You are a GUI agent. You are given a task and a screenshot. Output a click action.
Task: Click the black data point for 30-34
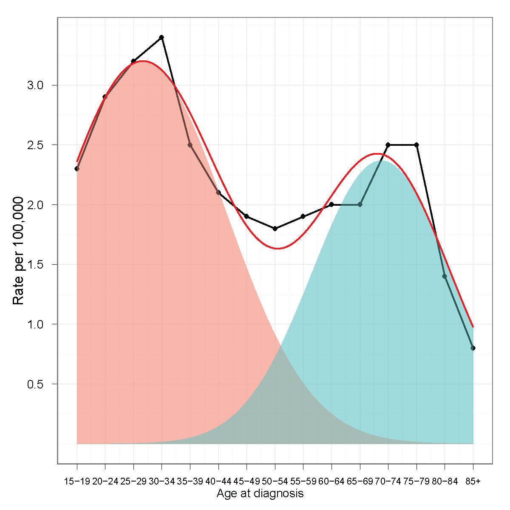(161, 37)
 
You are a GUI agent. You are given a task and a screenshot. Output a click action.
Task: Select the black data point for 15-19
(77, 169)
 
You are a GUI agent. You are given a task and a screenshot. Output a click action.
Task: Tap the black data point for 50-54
(275, 229)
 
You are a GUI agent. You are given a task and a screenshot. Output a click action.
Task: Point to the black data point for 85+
(473, 348)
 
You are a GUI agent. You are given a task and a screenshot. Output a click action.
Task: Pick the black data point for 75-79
(416, 145)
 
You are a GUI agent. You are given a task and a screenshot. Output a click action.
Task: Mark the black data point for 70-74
(388, 145)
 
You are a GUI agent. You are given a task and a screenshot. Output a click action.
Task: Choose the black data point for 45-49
(246, 216)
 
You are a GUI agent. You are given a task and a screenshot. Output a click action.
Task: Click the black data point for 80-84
(445, 276)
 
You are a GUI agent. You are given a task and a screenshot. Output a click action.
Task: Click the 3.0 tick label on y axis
(36, 85)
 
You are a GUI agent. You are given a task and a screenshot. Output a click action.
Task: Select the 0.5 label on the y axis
(36, 384)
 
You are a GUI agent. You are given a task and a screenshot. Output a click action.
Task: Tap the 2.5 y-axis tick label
(36, 145)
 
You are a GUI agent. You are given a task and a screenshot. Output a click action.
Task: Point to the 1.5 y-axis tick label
(36, 265)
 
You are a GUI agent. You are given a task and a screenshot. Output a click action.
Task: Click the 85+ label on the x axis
(473, 482)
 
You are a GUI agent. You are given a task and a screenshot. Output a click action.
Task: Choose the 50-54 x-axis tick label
(275, 482)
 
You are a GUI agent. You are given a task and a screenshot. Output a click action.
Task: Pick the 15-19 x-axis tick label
(77, 482)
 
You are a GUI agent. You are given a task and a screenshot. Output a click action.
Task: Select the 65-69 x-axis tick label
(360, 482)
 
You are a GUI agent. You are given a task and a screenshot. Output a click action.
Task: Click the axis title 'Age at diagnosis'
(260, 493)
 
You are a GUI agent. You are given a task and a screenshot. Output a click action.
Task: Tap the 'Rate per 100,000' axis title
(18, 251)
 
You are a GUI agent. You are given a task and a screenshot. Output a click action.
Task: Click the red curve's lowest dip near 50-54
(277, 248)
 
